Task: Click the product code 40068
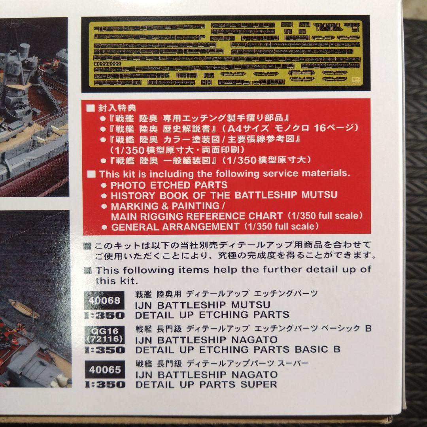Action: [x=105, y=300]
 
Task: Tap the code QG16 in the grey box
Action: [x=105, y=331]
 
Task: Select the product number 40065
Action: [x=105, y=370]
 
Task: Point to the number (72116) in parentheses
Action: [x=105, y=339]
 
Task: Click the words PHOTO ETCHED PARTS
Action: [x=169, y=185]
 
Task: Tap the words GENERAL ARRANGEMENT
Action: [x=175, y=227]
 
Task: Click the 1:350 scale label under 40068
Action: [x=105, y=316]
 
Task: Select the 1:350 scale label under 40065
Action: [x=105, y=384]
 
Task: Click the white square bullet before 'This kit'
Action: [x=91, y=174]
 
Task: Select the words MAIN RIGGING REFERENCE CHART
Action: [x=196, y=216]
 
